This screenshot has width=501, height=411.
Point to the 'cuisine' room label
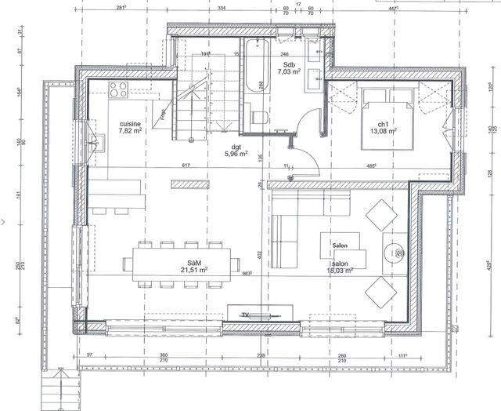click(131, 125)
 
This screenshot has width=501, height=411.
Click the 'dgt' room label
click(235, 146)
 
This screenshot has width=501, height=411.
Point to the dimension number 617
click(186, 165)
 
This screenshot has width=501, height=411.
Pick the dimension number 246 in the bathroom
click(284, 54)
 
